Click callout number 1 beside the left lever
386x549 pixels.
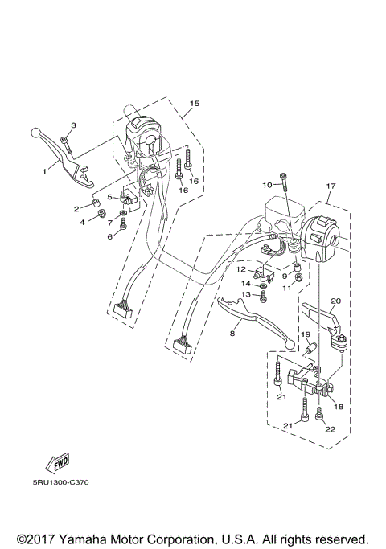(x=45, y=170)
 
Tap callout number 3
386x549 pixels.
(x=73, y=125)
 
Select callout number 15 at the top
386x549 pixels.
(x=194, y=104)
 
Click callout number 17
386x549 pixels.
(x=330, y=186)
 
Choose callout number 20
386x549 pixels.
(x=335, y=301)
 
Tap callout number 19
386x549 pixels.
(x=306, y=334)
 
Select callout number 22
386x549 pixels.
(x=330, y=429)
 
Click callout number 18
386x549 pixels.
(x=339, y=408)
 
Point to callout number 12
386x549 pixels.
(x=240, y=269)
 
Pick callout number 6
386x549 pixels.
(x=110, y=236)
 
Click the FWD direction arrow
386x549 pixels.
(x=58, y=462)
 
